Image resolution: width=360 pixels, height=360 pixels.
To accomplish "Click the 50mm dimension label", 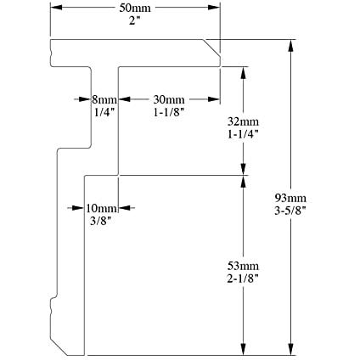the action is coord(135,8).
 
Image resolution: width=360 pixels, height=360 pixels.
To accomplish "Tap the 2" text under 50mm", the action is coord(134,20).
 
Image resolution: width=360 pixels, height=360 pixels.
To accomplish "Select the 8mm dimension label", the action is coord(104,99).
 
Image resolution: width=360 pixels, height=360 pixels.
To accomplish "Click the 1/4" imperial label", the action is coord(104,112).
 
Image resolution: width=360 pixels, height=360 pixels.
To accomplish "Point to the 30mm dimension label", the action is coord(169,99).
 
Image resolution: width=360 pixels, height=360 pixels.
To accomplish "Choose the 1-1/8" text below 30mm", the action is coord(169,112).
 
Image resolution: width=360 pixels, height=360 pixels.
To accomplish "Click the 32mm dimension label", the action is coord(243,121).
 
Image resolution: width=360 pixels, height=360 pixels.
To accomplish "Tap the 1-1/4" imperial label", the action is coord(243,134).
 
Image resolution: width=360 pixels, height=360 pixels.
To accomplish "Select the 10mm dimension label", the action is coord(101,209).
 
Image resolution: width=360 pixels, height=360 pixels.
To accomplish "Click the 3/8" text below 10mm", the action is coord(100,221).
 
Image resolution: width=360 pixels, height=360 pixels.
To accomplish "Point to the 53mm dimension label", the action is coord(243,266).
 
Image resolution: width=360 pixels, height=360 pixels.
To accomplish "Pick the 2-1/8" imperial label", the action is coord(243,278).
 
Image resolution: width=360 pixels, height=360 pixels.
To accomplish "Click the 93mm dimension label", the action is coord(290,198).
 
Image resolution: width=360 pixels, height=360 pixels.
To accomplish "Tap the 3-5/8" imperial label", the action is coord(290,211).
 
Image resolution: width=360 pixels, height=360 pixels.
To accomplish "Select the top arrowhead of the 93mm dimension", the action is coord(290,45).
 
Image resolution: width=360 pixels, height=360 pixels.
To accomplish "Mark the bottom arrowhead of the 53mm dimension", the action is coord(243,349).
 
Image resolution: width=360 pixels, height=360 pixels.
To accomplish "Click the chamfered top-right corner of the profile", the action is coord(211,48).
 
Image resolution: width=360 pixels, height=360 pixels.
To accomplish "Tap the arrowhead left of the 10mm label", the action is coord(77,208).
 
